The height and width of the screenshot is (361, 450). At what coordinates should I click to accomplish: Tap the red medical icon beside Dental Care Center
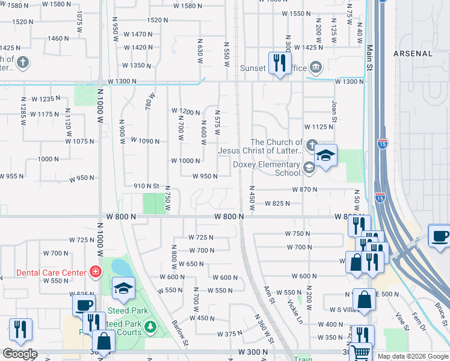(94, 273)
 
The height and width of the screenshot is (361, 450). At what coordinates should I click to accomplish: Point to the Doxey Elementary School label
(267, 168)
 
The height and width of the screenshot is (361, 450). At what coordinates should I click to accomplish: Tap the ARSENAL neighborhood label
(413, 54)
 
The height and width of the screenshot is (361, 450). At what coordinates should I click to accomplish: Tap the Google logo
(20, 354)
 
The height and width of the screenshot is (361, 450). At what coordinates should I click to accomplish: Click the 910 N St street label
(146, 187)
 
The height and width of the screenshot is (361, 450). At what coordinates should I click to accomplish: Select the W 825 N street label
(277, 203)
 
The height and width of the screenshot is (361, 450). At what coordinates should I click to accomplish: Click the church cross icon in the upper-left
(22, 62)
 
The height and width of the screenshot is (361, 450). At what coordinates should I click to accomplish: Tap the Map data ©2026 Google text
(412, 356)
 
